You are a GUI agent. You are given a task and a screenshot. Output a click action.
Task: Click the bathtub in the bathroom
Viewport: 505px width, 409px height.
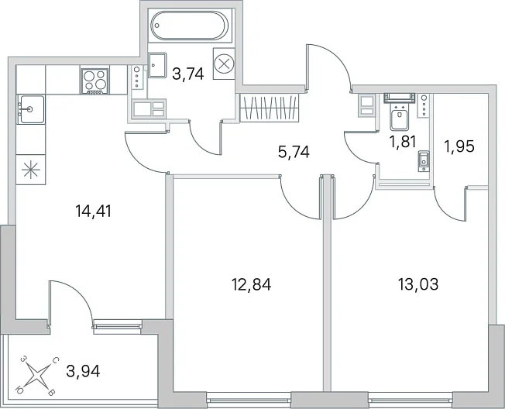[x=190, y=26]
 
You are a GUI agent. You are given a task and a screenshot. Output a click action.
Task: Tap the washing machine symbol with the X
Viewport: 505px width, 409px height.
[x=224, y=64]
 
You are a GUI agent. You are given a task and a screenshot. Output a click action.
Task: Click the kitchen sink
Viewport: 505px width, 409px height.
[x=31, y=109]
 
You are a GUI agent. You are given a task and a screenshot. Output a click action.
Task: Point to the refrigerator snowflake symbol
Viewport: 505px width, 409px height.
[x=31, y=170]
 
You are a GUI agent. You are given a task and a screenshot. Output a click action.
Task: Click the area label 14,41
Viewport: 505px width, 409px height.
[x=93, y=211]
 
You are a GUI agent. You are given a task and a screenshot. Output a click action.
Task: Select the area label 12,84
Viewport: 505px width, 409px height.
[x=252, y=284]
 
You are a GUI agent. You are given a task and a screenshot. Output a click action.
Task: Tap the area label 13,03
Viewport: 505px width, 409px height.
[x=418, y=284]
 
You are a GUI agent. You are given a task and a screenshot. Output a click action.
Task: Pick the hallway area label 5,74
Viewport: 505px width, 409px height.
[x=294, y=152]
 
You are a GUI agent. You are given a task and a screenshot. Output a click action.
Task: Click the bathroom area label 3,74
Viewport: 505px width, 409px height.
[x=188, y=74]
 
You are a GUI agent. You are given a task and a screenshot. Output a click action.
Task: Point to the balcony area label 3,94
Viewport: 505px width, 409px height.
[x=83, y=371]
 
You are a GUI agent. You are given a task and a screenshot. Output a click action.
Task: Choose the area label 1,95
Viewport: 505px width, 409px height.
[x=459, y=146]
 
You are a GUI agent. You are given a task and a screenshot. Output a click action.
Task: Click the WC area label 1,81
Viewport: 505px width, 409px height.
[x=403, y=142]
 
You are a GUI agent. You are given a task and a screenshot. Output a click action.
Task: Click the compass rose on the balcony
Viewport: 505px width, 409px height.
[x=37, y=376]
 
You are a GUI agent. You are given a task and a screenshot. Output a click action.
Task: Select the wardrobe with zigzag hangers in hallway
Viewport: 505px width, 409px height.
[x=270, y=108]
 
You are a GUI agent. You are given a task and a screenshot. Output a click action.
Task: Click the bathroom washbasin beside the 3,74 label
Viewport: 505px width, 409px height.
[x=157, y=65]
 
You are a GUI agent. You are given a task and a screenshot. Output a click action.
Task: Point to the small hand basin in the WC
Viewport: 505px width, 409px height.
[x=424, y=161]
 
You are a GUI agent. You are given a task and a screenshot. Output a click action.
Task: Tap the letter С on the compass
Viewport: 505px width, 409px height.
[x=55, y=360]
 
